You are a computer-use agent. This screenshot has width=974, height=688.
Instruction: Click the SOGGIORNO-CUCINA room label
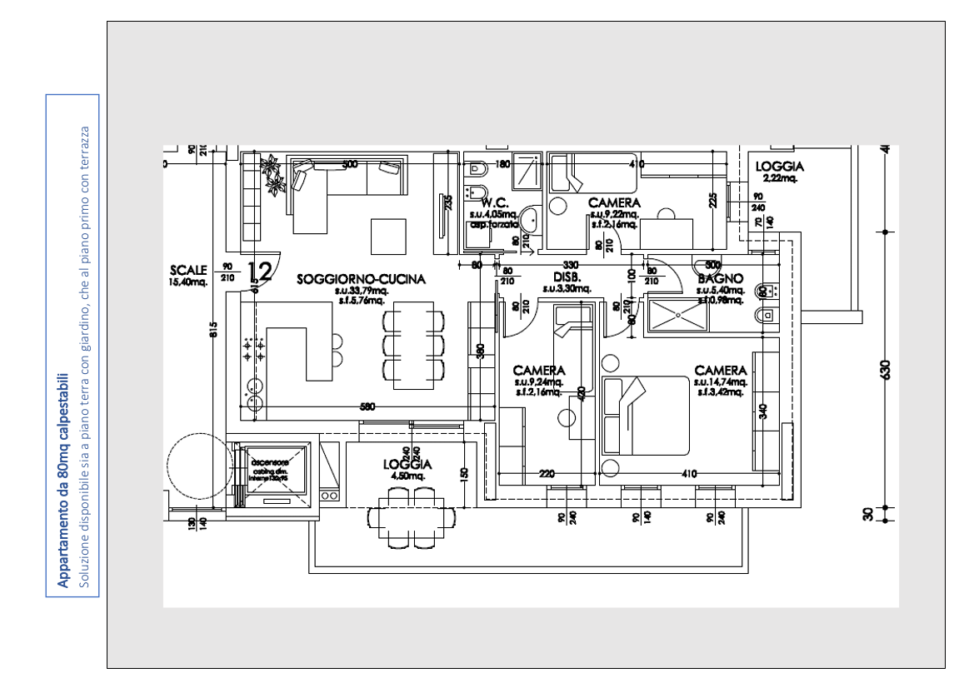tap(362, 280)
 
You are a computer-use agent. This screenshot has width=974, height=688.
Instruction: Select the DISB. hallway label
tap(567, 277)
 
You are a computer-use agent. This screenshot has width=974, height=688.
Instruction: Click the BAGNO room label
tap(720, 278)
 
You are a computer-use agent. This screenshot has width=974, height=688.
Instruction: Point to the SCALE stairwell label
tap(187, 270)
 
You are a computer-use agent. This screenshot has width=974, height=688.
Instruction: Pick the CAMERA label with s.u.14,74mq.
tap(721, 370)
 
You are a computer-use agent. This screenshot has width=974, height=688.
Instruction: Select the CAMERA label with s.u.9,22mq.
tap(614, 202)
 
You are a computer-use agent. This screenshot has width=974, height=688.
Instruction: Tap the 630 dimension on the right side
tap(885, 368)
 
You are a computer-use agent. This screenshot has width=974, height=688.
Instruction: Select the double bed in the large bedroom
tap(646, 416)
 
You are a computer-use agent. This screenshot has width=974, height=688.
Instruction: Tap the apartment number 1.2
tap(260, 271)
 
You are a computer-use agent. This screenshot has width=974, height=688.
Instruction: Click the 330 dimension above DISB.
tap(571, 265)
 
